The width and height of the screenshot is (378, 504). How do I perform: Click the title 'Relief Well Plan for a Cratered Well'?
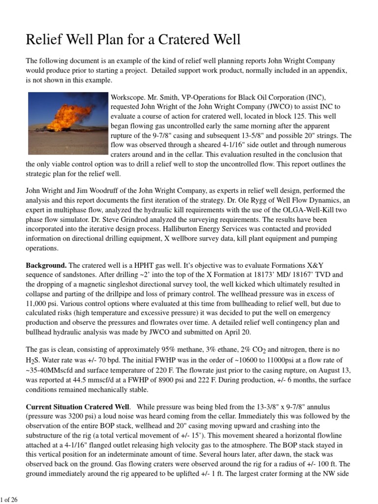coord(133,39)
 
